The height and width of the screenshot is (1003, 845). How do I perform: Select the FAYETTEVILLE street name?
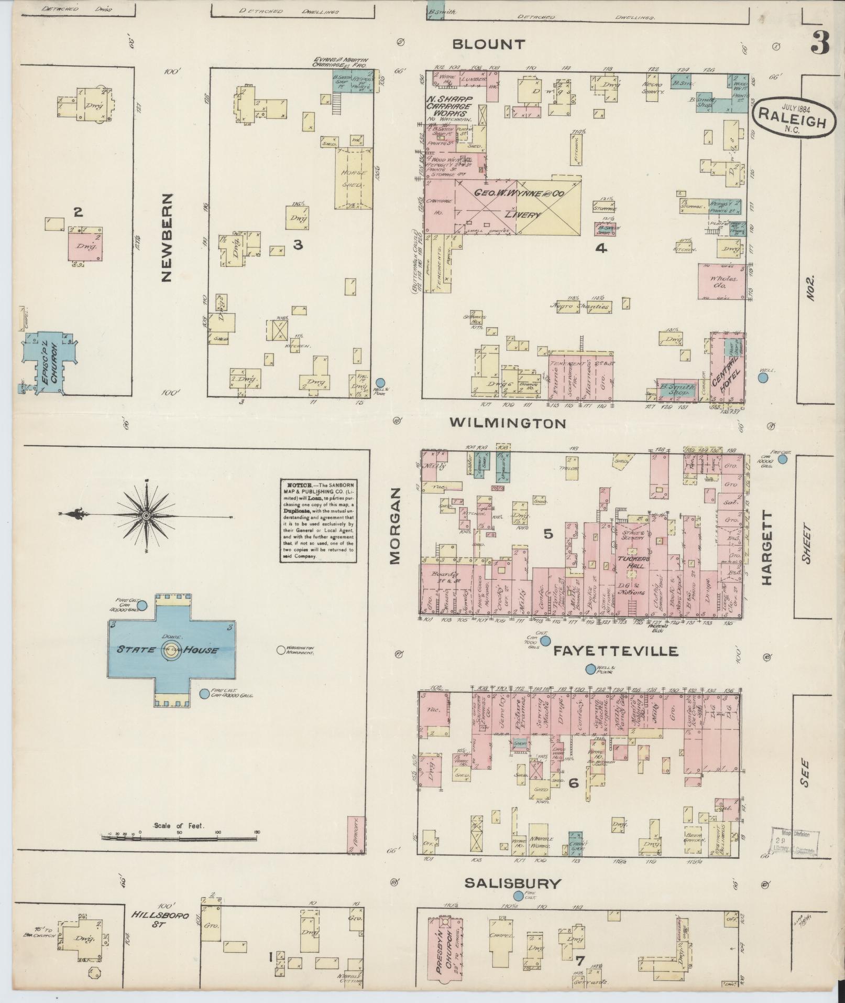tap(616, 651)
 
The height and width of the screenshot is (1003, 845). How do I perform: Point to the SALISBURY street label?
tap(513, 884)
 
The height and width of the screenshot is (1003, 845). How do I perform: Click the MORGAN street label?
tap(394, 526)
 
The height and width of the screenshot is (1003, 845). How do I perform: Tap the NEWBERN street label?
tap(167, 237)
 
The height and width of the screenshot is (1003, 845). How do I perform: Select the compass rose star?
tap(146, 516)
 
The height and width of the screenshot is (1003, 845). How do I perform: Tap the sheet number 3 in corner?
tap(820, 44)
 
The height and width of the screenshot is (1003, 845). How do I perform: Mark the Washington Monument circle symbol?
tap(281, 650)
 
